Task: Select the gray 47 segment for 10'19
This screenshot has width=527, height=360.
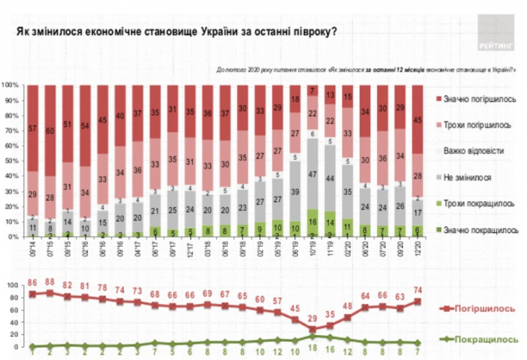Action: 313,174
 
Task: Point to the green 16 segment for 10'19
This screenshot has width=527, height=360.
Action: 313,223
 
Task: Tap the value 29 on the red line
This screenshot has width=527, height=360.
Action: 313,318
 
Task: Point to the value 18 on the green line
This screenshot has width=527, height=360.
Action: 313,347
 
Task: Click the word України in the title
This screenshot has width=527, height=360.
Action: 222,32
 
